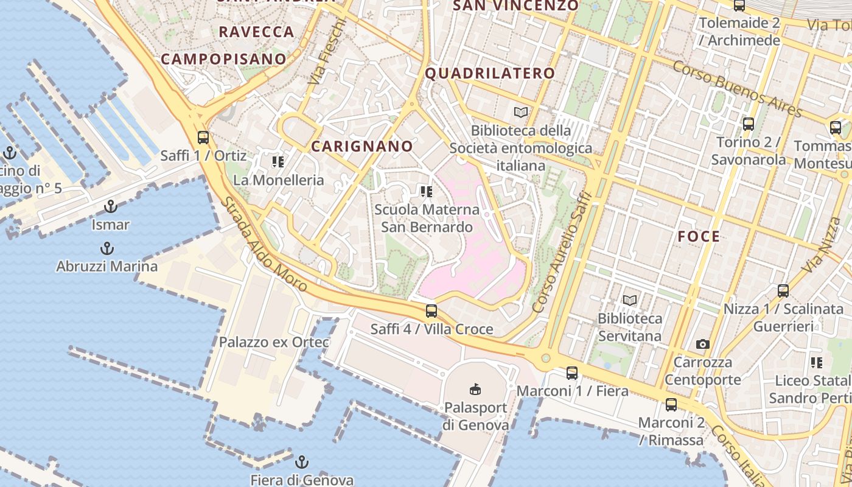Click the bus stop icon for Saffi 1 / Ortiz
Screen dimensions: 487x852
point(203,138)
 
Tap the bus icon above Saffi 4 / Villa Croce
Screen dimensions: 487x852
point(431,311)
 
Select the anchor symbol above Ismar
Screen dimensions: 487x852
point(110,206)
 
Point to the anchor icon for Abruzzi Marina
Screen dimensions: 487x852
point(107,248)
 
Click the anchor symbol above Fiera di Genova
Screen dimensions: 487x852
point(302,461)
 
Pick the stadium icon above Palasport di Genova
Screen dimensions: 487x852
point(475,388)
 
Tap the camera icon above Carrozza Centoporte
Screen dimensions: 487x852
point(703,345)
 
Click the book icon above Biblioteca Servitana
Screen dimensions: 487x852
point(630,300)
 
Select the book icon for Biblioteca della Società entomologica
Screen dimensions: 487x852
point(521,112)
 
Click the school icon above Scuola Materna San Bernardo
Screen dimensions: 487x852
point(427,192)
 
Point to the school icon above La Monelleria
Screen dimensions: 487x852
point(278,162)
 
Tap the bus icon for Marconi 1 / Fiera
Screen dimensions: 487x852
point(572,373)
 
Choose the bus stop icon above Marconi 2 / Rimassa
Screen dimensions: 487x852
point(671,404)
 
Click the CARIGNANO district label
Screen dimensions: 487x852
point(362,147)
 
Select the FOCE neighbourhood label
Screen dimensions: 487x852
point(699,237)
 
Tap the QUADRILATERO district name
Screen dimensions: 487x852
point(490,74)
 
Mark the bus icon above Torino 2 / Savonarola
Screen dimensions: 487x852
point(749,124)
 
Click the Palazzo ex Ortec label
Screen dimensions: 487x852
point(274,342)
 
